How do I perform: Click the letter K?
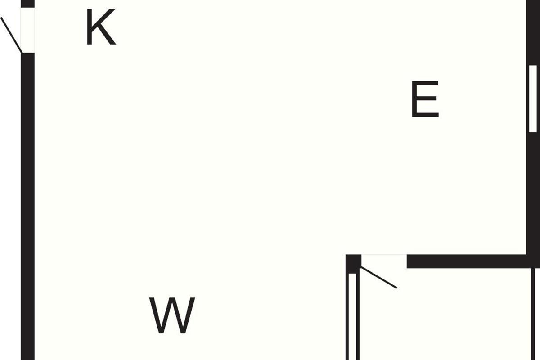(x=101, y=27)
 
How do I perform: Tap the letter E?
(x=425, y=99)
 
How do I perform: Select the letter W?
(x=172, y=315)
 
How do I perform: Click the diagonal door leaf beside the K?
(x=11, y=35)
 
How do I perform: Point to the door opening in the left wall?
(x=28, y=30)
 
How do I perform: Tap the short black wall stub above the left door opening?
(x=28, y=4)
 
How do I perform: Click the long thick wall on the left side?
(x=28, y=207)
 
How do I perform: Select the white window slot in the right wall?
(x=533, y=99)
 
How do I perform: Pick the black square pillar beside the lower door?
(x=353, y=264)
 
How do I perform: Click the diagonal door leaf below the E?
(x=379, y=277)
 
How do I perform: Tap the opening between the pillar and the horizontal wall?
(x=384, y=261)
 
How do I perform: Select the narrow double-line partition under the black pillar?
(x=353, y=316)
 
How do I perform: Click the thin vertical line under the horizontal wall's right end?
(x=533, y=314)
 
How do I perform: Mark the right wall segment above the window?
(x=533, y=32)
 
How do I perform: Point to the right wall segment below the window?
(x=533, y=193)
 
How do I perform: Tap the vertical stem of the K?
(x=90, y=27)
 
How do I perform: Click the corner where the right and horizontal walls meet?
(x=533, y=261)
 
